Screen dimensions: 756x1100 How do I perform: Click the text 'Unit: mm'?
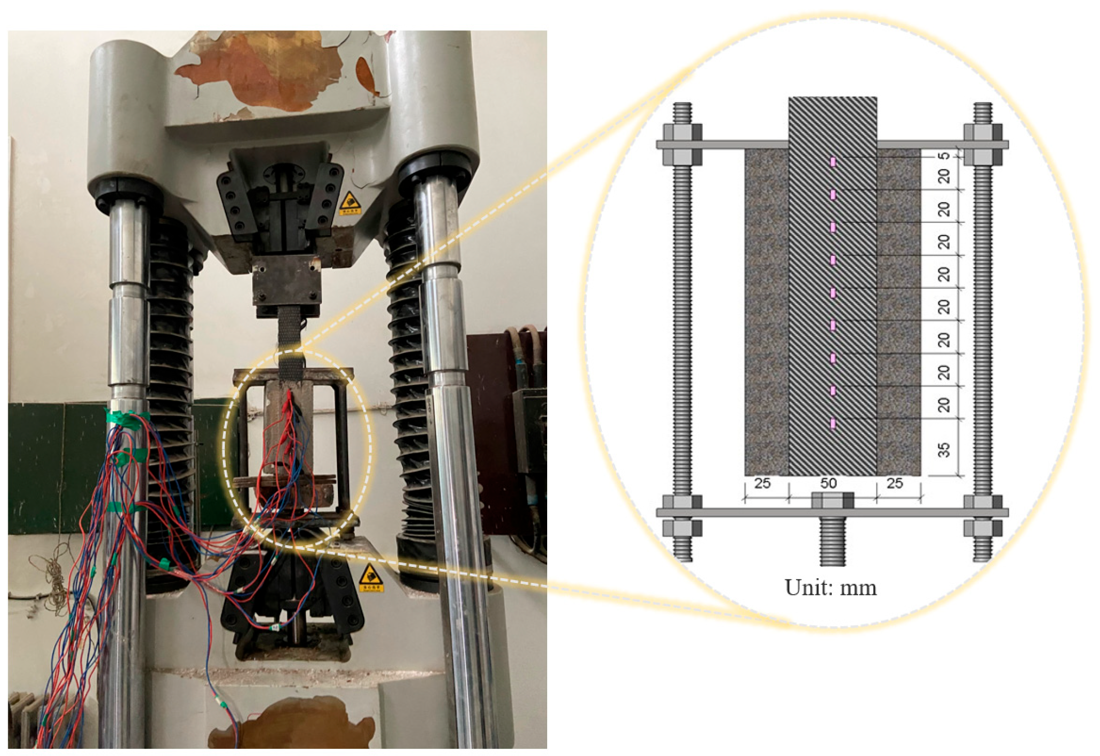(x=830, y=588)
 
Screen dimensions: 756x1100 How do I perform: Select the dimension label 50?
(x=828, y=483)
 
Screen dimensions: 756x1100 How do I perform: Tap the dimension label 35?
(x=943, y=450)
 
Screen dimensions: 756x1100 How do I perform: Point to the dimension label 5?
(x=943, y=156)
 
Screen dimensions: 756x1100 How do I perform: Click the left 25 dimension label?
(x=762, y=483)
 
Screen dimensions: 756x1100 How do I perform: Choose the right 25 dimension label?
(x=894, y=483)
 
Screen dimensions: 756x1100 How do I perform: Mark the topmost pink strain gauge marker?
(x=833, y=162)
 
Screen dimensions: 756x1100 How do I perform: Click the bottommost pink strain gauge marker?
(x=833, y=424)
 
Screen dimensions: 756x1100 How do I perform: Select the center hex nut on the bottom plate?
(x=832, y=500)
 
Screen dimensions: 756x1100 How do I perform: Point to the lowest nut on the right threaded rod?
(x=983, y=528)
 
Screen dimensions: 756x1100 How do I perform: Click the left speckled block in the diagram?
(x=766, y=313)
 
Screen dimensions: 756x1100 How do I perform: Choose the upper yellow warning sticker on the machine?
(x=350, y=204)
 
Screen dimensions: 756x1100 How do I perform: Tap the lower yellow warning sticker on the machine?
(x=370, y=579)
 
